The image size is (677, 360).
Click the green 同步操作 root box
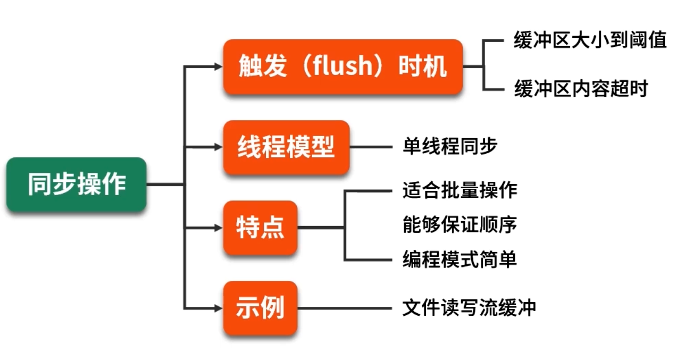click(x=76, y=185)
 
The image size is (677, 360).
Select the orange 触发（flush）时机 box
click(x=342, y=67)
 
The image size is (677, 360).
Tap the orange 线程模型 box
click(x=286, y=147)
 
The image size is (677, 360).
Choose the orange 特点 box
click(x=260, y=228)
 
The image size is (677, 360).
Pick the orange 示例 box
click(x=260, y=308)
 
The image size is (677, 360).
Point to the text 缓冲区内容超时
click(x=581, y=88)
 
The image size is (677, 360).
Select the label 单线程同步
click(x=450, y=146)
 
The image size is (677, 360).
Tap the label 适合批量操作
click(x=460, y=190)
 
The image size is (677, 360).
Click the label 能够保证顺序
click(x=460, y=225)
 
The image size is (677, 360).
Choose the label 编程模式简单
click(x=460, y=259)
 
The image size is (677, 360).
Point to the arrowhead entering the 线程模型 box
click(x=219, y=147)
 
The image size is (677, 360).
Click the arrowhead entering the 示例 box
click(x=219, y=308)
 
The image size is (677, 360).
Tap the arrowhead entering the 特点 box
click(x=219, y=228)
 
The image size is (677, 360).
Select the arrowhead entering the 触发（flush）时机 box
click(x=219, y=67)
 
